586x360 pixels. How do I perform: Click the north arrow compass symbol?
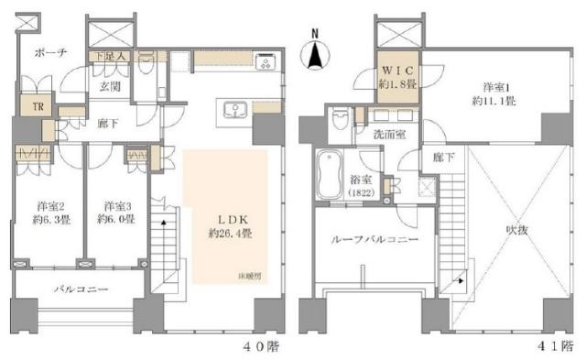pos(315,52)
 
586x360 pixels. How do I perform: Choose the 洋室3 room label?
pos(115,213)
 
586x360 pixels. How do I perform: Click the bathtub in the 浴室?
pos(327,174)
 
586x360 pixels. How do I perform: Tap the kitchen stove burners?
pos(267,63)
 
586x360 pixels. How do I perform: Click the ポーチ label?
pos(46,54)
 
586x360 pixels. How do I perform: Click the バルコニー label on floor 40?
pos(80,289)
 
